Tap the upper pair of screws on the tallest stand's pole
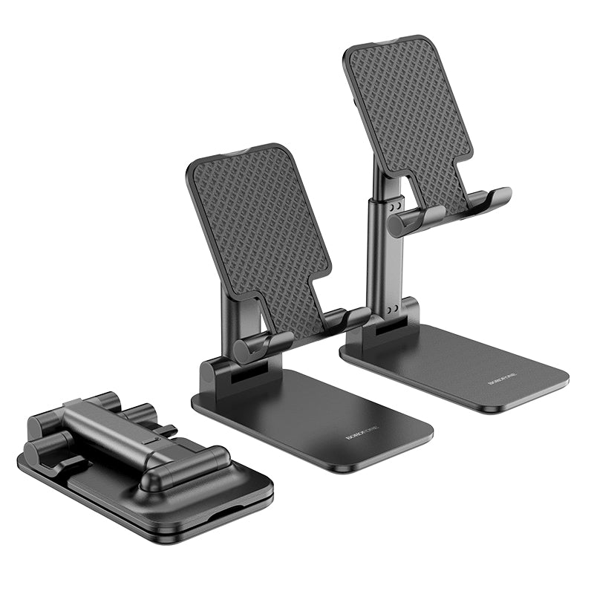click(x=397, y=204)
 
